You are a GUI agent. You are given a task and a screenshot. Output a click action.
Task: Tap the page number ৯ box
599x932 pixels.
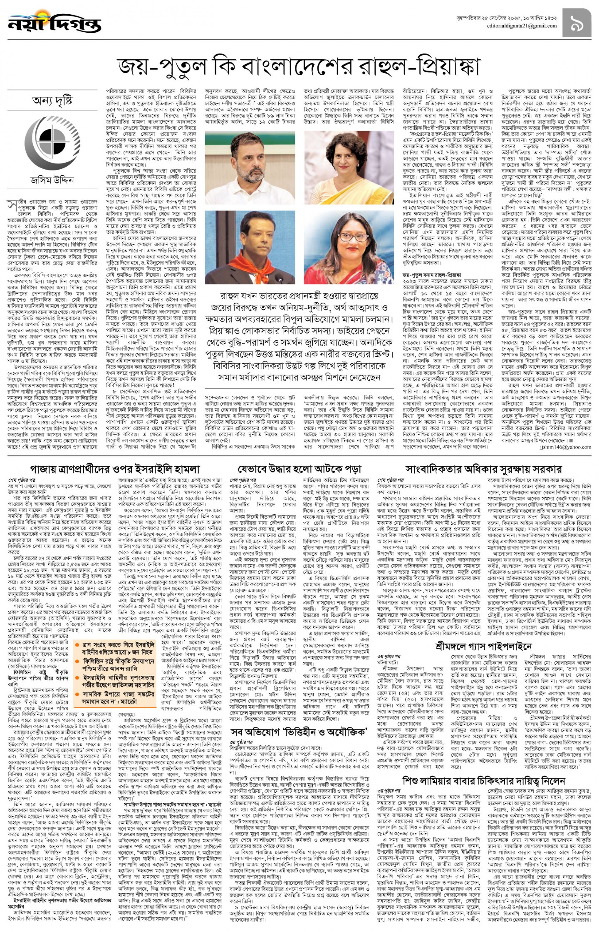576,23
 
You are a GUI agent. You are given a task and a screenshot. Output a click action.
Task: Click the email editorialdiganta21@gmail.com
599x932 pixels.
521,26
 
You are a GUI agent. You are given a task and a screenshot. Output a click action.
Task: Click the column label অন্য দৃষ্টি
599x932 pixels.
52,101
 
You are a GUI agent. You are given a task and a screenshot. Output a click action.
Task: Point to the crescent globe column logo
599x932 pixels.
52,140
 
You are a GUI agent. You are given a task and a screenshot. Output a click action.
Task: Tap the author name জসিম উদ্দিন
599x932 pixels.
52,180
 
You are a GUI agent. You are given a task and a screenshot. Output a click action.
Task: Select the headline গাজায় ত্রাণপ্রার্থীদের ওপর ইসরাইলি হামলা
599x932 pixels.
115,468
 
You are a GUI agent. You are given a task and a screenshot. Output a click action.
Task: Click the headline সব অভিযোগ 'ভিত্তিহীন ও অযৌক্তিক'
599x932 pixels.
299,732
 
